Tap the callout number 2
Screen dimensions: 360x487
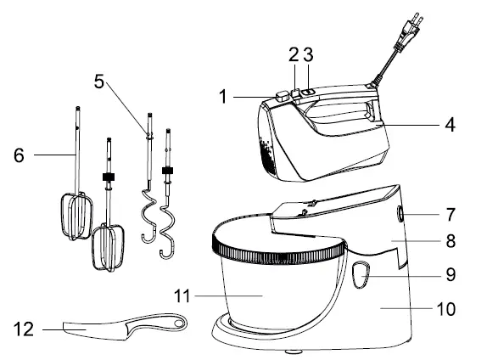tap(294, 54)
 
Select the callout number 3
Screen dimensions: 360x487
tap(309, 54)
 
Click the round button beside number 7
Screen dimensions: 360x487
tap(400, 214)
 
